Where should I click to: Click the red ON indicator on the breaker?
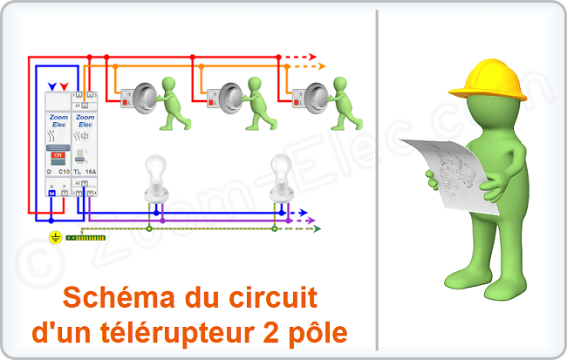coord(58,154)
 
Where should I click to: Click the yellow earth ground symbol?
coord(56,236)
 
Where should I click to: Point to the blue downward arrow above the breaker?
coord(52,86)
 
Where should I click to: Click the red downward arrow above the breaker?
coord(64,86)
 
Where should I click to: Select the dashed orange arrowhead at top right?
coord(320,66)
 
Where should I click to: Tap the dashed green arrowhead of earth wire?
coord(318,229)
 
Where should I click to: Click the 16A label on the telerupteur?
coord(90,173)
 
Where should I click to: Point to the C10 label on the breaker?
coord(63,173)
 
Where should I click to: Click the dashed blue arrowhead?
coord(303,212)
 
